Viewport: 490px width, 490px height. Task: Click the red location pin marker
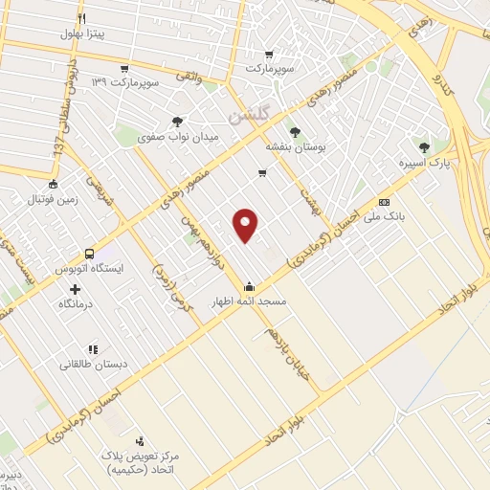[x=247, y=224]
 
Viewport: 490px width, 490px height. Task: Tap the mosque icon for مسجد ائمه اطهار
[x=250, y=285]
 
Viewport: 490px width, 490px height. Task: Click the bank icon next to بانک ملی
[x=384, y=202]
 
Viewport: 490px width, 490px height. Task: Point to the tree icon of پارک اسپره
[x=425, y=146]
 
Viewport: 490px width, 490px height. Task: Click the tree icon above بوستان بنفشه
[x=294, y=133]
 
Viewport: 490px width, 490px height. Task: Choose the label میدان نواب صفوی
[x=179, y=137]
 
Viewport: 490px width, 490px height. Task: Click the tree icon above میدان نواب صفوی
[x=177, y=121]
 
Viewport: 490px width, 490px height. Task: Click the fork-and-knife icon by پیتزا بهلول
[x=83, y=17]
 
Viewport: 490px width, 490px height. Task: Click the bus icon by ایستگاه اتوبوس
[x=89, y=255]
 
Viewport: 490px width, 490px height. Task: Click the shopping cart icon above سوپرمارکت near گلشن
[x=269, y=54]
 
